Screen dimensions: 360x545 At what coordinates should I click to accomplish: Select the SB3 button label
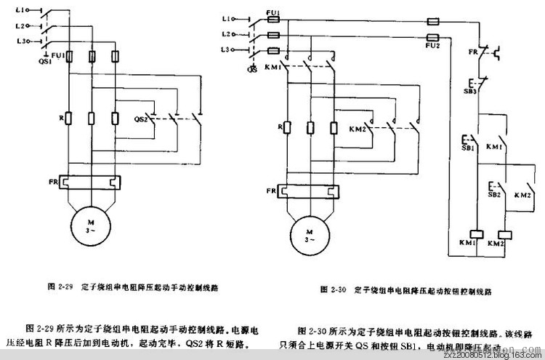(x=472, y=90)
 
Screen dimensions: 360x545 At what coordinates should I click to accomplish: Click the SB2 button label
(x=494, y=195)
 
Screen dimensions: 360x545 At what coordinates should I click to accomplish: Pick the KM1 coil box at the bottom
(x=477, y=234)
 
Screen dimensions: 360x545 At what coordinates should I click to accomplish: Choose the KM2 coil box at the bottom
(x=502, y=234)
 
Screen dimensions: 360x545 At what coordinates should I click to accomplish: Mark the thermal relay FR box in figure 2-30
(x=309, y=191)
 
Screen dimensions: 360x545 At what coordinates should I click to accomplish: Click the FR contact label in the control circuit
(x=472, y=52)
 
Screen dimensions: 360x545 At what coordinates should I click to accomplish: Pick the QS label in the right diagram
(x=253, y=69)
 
